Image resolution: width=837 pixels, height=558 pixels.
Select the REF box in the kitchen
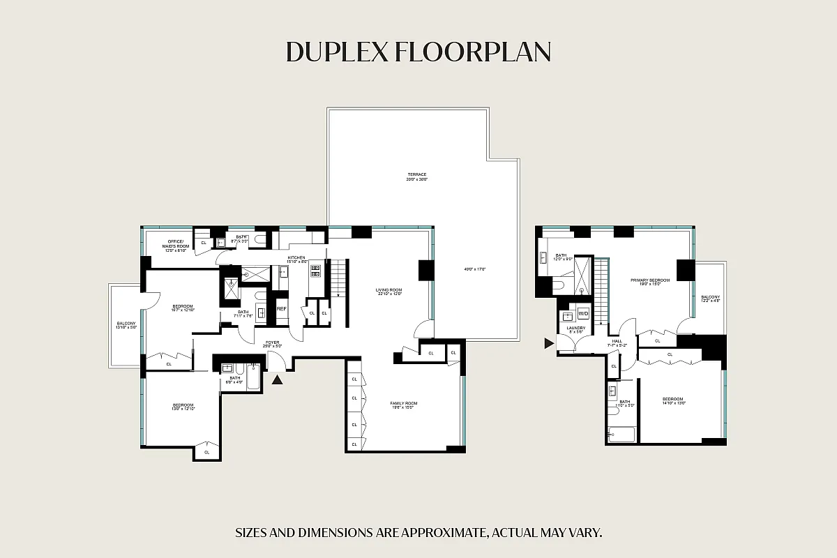(282, 309)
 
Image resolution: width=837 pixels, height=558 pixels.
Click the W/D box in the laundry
(584, 313)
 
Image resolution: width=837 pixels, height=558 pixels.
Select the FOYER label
(271, 343)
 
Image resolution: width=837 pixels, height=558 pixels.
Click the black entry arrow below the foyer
(278, 379)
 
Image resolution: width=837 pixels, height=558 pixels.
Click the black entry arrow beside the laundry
(550, 343)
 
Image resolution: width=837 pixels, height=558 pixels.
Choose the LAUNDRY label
(575, 329)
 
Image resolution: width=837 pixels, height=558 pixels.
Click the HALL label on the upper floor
(617, 342)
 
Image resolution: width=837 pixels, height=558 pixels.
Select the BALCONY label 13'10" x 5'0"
(126, 324)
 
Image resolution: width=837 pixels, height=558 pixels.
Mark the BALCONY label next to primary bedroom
(710, 298)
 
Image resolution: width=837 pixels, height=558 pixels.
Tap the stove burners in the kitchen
(315, 271)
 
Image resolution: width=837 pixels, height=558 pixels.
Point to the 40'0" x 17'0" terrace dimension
(474, 269)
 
